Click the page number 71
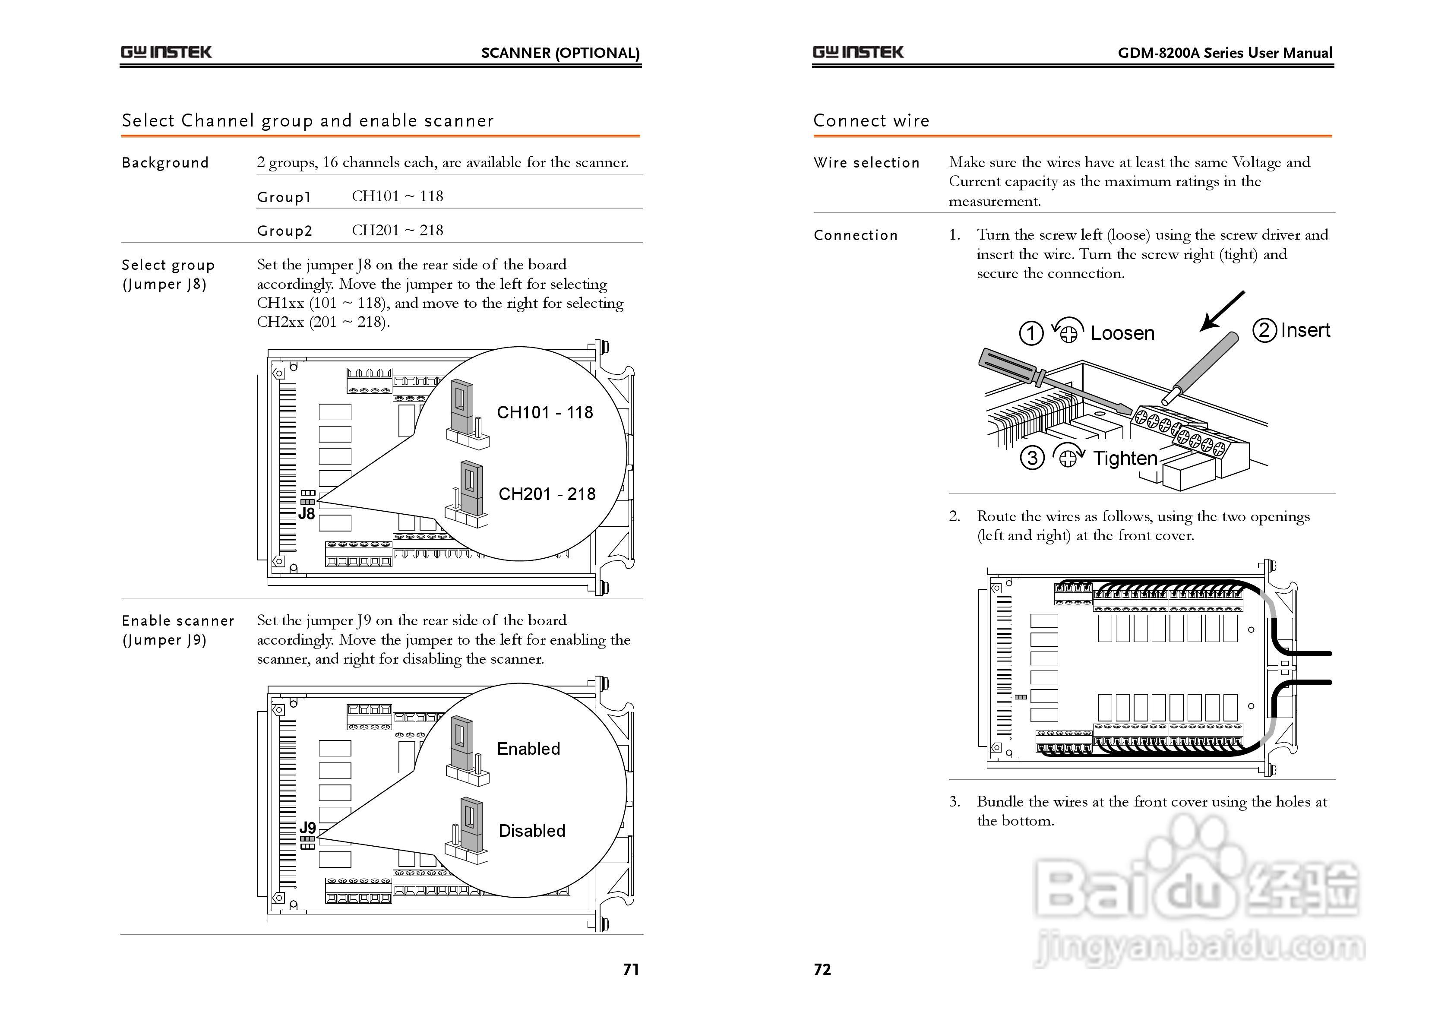pos(631,969)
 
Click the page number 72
pos(822,969)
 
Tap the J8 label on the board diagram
pos(307,514)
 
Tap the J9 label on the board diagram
pos(307,827)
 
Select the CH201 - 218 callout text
pos(547,494)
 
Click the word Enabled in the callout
pos(528,749)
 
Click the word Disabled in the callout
pos(531,831)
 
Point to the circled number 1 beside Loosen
pos(1031,332)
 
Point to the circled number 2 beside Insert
pos(1264,330)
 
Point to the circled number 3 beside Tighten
pos(1032,457)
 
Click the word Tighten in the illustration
pos(1125,458)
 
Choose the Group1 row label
pos(284,197)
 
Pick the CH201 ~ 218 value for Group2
pos(397,230)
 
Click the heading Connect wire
pos(871,120)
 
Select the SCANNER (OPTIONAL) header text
pos(560,53)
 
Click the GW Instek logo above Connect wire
pos(858,52)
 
